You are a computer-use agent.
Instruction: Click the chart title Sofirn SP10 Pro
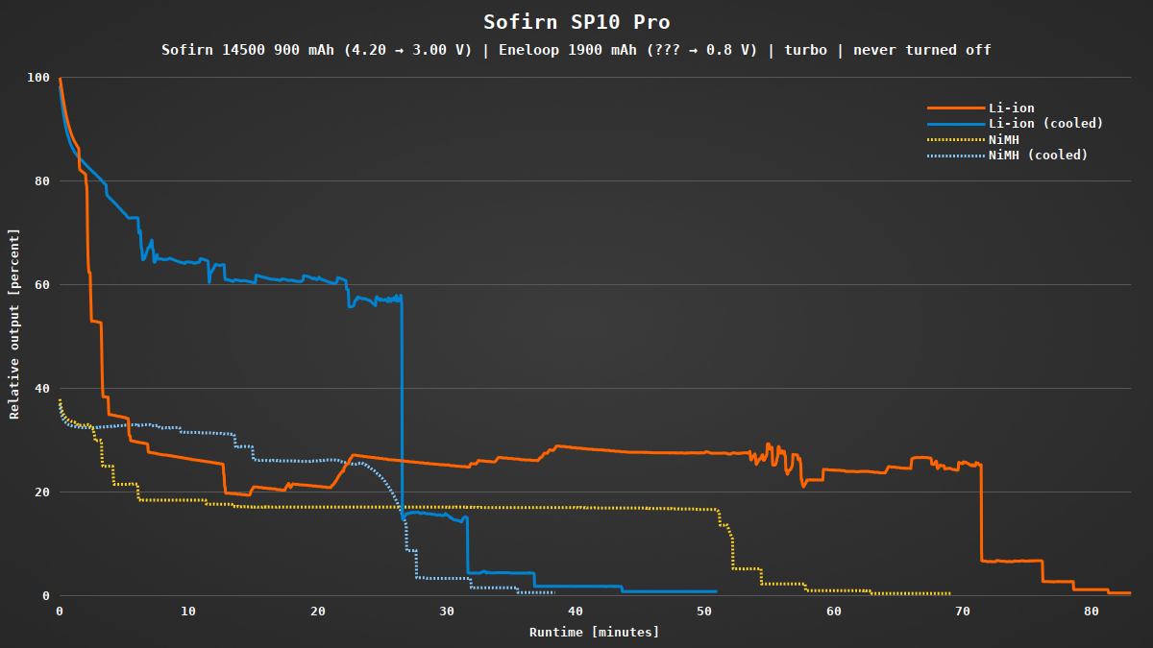pos(576,22)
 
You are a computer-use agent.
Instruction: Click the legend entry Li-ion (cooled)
pos(1045,124)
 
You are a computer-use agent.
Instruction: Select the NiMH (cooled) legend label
pos(1038,155)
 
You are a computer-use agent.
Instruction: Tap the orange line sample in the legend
pos(955,108)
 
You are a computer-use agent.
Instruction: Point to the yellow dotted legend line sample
pos(955,139)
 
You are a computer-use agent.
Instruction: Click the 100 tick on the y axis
pos(38,78)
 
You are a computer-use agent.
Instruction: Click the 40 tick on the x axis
pos(575,612)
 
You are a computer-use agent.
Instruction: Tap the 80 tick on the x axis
pos(1091,612)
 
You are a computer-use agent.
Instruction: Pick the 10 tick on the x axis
pos(188,612)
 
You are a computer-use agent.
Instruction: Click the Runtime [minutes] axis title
pos(594,632)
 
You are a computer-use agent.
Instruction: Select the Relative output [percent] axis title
pos(14,324)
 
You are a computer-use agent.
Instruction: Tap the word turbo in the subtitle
pos(804,50)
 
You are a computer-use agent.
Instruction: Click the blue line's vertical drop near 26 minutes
pos(402,403)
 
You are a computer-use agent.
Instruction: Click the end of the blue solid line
pos(716,591)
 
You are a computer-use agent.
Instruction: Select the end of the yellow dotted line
pos(949,593)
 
